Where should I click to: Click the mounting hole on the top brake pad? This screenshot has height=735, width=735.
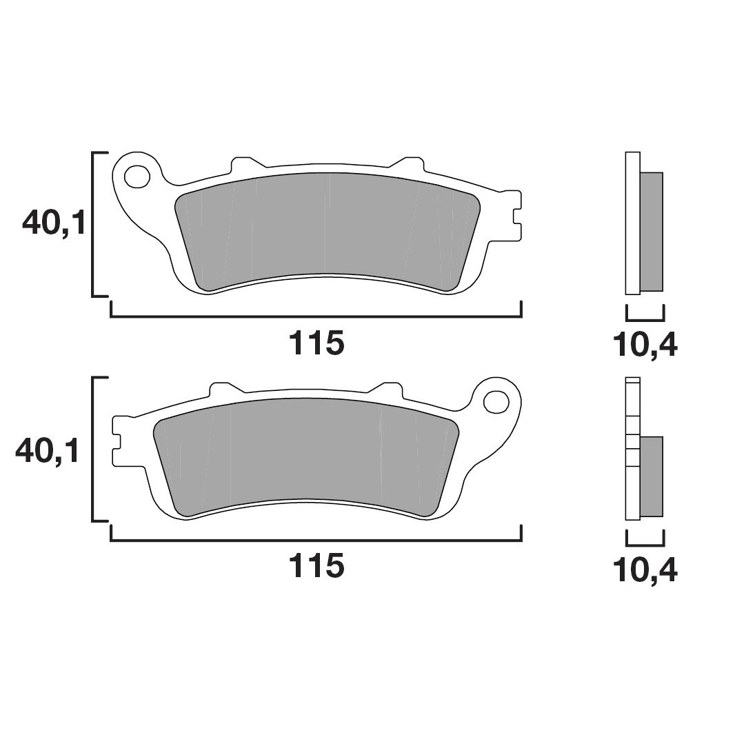click(138, 177)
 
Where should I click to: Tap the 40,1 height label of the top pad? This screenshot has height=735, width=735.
click(54, 223)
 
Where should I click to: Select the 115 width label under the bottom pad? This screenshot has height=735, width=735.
click(316, 566)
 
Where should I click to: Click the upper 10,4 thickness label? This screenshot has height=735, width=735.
click(645, 345)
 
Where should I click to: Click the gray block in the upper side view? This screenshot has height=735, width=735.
click(652, 231)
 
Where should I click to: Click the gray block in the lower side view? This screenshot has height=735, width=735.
click(652, 476)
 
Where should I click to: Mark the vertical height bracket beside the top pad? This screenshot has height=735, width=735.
click(94, 223)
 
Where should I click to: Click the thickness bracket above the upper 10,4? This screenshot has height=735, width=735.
click(645, 320)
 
